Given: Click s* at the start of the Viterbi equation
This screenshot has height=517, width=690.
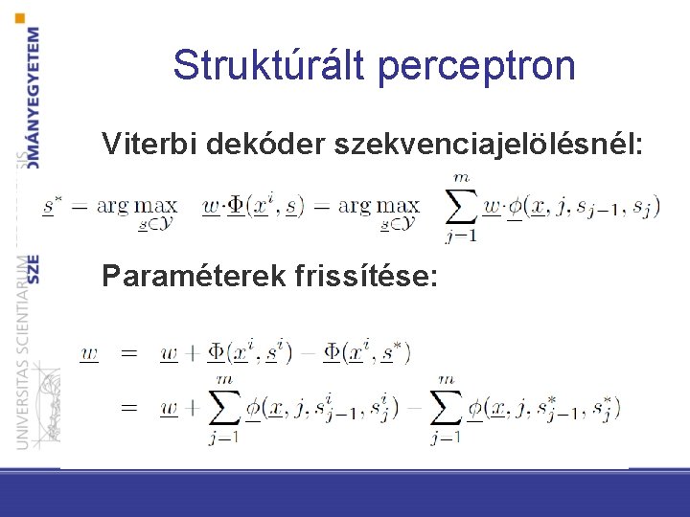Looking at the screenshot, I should (52, 206).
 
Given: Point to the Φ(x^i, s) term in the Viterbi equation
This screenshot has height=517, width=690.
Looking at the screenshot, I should (264, 206).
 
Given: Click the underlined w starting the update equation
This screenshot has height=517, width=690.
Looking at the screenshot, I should (89, 353).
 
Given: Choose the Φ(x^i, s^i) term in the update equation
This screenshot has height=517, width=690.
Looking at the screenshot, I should (249, 353).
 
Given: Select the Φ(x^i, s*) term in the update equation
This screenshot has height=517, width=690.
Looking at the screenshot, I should (367, 353).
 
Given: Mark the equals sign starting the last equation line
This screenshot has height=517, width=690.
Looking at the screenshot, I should (128, 408).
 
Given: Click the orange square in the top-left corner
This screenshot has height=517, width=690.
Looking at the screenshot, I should (21, 16).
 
